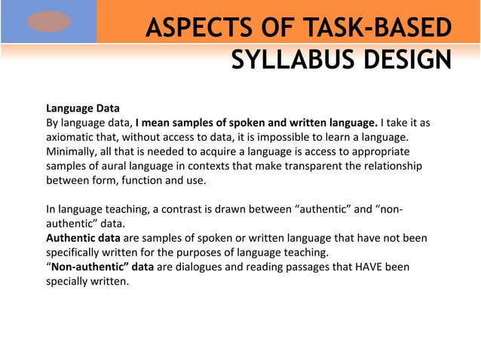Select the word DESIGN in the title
tap(400, 59)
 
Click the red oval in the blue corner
tap(48, 22)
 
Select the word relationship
tap(389, 166)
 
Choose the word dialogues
tap(198, 267)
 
